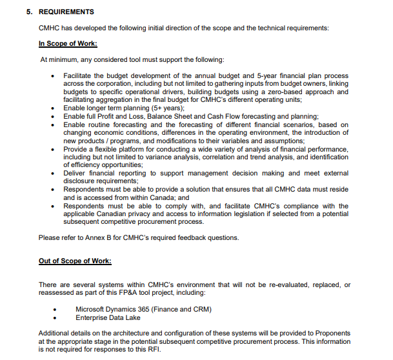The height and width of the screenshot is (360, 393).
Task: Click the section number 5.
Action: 28,12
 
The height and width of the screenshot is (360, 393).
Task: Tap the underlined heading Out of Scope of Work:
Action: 74,261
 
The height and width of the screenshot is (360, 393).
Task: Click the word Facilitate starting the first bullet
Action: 78,75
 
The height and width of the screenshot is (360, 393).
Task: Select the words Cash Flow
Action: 231,116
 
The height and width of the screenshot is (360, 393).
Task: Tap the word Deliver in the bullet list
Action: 74,173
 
